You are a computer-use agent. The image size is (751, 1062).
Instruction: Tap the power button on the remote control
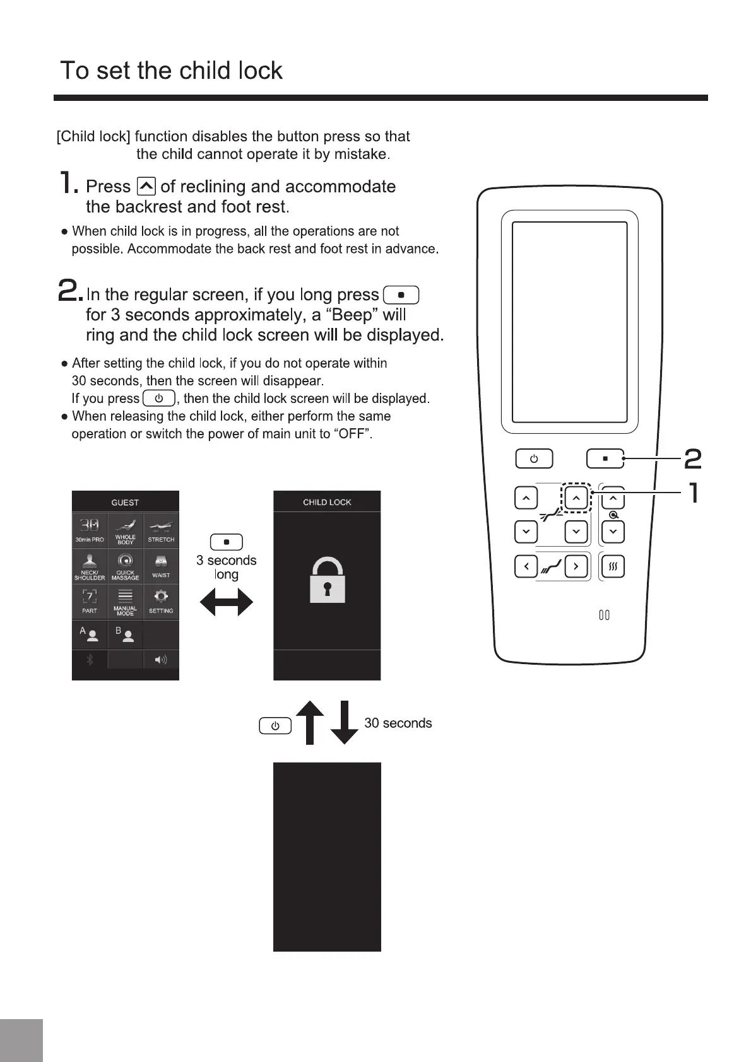pos(534,458)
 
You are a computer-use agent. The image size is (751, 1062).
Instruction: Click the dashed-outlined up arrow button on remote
pos(576,498)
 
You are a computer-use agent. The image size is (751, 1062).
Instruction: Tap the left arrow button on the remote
pos(526,566)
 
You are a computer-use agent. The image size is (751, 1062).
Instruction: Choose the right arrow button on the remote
pos(576,566)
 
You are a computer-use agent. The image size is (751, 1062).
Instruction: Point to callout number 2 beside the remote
pos(693,458)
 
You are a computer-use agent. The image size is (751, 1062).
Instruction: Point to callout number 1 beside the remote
pos(694,493)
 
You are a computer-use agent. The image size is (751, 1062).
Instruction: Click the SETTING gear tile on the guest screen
pos(161,602)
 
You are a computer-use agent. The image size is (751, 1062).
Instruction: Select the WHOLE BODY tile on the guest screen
pos(126,530)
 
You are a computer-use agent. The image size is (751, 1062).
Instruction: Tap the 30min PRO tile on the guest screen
pos(90,530)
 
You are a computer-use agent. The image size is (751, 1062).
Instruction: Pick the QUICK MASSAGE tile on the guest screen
pos(126,566)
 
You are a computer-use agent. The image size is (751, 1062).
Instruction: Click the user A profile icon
pos(90,634)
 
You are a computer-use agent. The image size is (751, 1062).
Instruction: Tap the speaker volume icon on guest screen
pos(161,660)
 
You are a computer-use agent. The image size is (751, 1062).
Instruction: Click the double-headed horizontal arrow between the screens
pos(226,602)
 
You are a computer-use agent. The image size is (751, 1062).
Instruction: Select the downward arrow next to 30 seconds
pos(344,723)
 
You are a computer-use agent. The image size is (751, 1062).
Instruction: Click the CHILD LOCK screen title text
pos(327,502)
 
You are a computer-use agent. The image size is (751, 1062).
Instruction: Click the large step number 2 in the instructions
pos(69,291)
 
